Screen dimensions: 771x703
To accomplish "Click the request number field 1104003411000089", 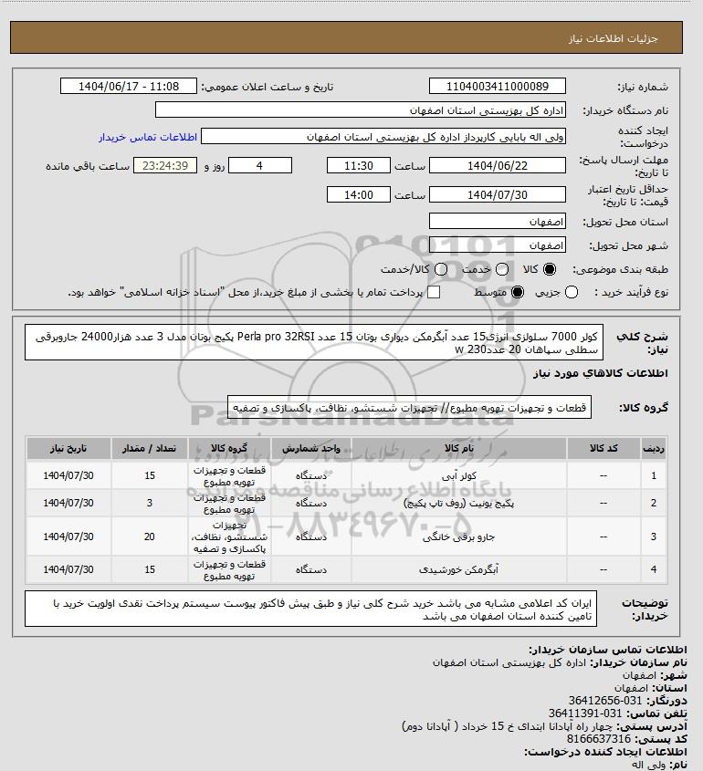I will click(498, 87).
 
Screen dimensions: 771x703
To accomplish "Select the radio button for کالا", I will click(550, 270).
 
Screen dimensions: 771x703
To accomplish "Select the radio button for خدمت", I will click(496, 270).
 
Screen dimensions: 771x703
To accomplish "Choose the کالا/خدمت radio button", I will click(442, 270).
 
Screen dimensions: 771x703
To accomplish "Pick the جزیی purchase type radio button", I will click(572, 292).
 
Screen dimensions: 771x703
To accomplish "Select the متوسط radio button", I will click(518, 292).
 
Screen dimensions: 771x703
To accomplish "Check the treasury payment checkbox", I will click(434, 292).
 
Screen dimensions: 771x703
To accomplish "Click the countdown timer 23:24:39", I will click(165, 166).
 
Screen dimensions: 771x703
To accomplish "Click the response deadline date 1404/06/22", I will click(498, 166).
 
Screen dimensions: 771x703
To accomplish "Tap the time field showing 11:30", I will click(360, 166).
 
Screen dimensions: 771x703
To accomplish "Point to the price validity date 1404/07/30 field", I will click(498, 195).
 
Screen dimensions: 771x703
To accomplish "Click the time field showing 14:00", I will click(360, 195).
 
